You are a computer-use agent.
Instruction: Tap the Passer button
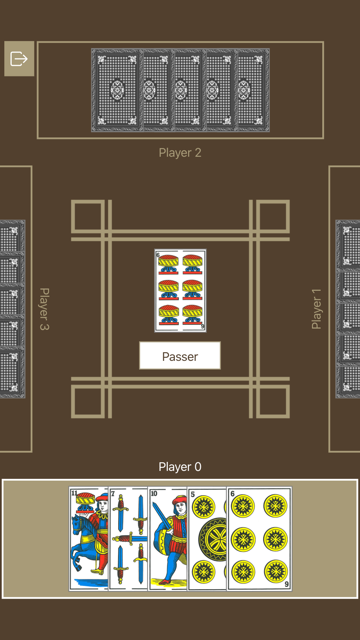click(180, 356)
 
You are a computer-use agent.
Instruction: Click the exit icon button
click(19, 59)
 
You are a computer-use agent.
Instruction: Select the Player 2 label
click(180, 153)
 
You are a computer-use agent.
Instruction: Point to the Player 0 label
click(180, 467)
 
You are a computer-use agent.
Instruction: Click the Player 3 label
click(44, 309)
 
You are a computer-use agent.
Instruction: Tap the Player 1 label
click(316, 309)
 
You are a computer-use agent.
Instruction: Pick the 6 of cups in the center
click(180, 290)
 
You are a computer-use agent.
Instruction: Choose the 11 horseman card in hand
click(89, 539)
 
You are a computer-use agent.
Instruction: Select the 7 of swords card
click(128, 539)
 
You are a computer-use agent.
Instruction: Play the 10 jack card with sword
click(167, 539)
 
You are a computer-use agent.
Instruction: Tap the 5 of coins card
click(207, 539)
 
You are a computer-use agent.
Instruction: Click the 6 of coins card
click(259, 539)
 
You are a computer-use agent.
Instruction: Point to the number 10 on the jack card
click(154, 494)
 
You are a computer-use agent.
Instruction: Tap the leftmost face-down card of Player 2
click(117, 90)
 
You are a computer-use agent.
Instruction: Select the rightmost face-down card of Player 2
click(253, 90)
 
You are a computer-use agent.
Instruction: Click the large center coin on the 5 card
click(213, 540)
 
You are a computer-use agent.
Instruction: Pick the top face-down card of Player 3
click(12, 236)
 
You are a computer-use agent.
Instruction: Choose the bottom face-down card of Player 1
click(348, 382)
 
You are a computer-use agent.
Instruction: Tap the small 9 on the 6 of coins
click(287, 584)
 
